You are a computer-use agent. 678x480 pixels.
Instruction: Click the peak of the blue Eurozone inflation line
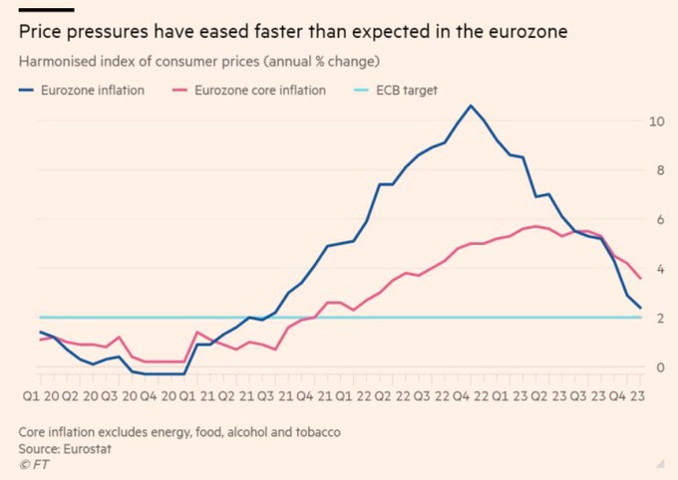coord(471,106)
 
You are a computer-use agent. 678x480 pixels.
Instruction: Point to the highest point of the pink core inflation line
coord(537,226)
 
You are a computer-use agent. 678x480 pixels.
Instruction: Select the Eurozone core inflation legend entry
coord(257,90)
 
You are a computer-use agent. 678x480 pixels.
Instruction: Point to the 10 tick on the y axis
coord(655,120)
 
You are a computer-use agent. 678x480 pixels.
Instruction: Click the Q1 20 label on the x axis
coord(39,394)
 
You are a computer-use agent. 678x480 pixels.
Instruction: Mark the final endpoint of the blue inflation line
coord(640,309)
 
